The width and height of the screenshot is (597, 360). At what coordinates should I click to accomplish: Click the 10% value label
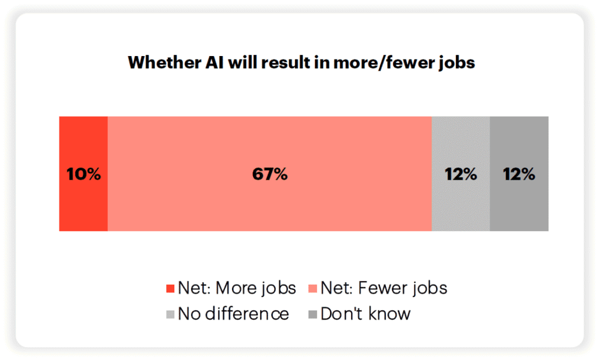[83, 174]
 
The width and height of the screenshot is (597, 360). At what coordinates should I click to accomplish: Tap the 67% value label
[269, 174]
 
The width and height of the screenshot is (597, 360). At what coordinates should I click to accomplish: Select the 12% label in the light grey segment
[461, 174]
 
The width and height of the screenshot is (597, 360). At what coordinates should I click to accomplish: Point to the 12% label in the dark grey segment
[519, 174]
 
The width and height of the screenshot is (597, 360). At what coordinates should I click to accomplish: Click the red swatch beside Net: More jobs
[170, 289]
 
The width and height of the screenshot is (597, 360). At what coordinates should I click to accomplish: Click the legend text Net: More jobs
[237, 288]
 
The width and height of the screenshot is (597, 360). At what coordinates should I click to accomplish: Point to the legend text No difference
[233, 314]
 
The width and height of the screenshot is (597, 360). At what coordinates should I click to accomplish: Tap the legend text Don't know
[366, 314]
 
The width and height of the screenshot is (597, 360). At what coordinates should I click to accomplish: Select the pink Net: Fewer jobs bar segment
[350, 198]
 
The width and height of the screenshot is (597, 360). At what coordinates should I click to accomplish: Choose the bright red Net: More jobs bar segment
[83, 204]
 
